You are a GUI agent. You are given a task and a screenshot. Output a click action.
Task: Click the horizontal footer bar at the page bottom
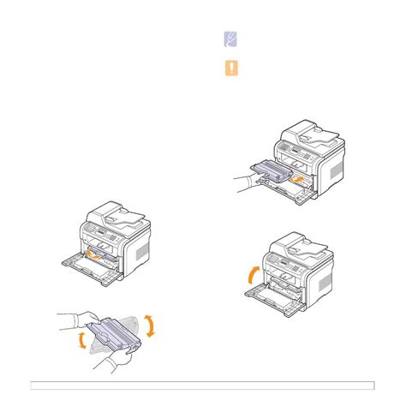202,382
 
